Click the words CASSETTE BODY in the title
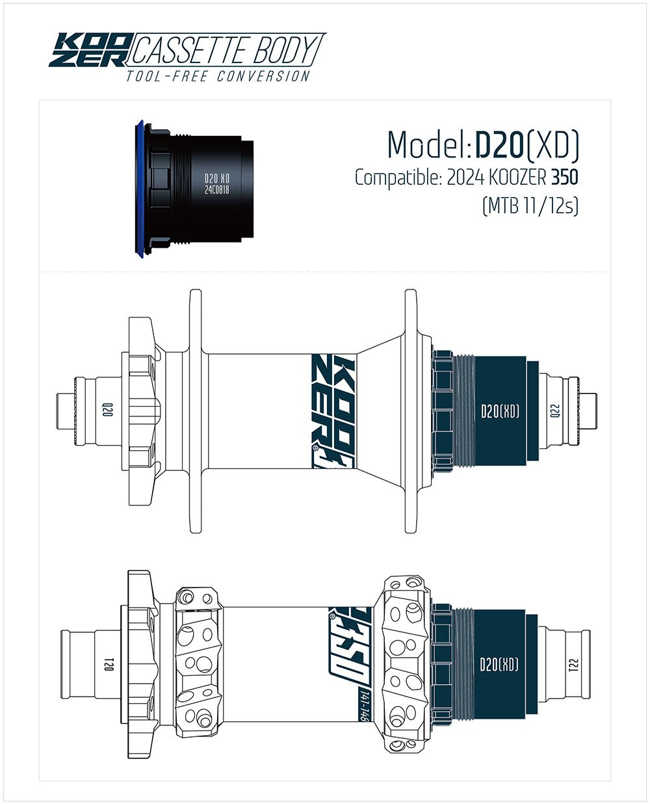pos(225,50)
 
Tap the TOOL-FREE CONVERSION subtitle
pos(218,76)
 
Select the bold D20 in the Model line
pos(500,144)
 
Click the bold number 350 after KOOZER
pos(564,178)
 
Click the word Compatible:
pos(398,178)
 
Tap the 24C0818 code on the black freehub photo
pos(217,189)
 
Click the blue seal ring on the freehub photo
pos(139,189)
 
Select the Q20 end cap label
pos(107,410)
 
